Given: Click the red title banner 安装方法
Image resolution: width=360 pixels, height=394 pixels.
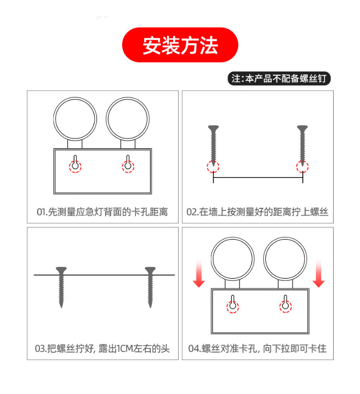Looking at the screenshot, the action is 180,45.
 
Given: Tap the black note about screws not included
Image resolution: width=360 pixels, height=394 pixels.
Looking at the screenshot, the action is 279,78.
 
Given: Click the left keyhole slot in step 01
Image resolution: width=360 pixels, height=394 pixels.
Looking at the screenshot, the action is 75,163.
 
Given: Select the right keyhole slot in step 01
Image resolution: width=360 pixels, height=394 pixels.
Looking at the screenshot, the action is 128,163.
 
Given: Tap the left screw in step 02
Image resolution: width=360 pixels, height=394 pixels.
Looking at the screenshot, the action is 214,146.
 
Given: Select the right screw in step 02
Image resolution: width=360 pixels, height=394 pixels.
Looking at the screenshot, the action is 302,146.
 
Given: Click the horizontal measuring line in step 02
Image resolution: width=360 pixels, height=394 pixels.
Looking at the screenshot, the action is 258,178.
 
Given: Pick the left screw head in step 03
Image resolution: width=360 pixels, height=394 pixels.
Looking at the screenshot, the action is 61,270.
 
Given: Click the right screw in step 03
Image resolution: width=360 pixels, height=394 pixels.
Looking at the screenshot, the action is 150,287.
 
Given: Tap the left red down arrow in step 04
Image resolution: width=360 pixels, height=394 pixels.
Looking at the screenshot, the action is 199,274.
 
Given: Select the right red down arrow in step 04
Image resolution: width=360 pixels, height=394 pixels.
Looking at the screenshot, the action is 319,274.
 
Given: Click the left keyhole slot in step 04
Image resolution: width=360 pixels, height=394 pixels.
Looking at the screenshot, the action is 233,302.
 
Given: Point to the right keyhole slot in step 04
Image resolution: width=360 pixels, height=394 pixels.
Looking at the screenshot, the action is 285,302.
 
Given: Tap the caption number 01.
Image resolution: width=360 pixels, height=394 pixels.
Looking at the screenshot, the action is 41,212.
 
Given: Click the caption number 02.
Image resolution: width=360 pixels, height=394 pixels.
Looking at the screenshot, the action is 191,212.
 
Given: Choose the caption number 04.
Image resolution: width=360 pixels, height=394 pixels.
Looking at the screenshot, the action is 193,349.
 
